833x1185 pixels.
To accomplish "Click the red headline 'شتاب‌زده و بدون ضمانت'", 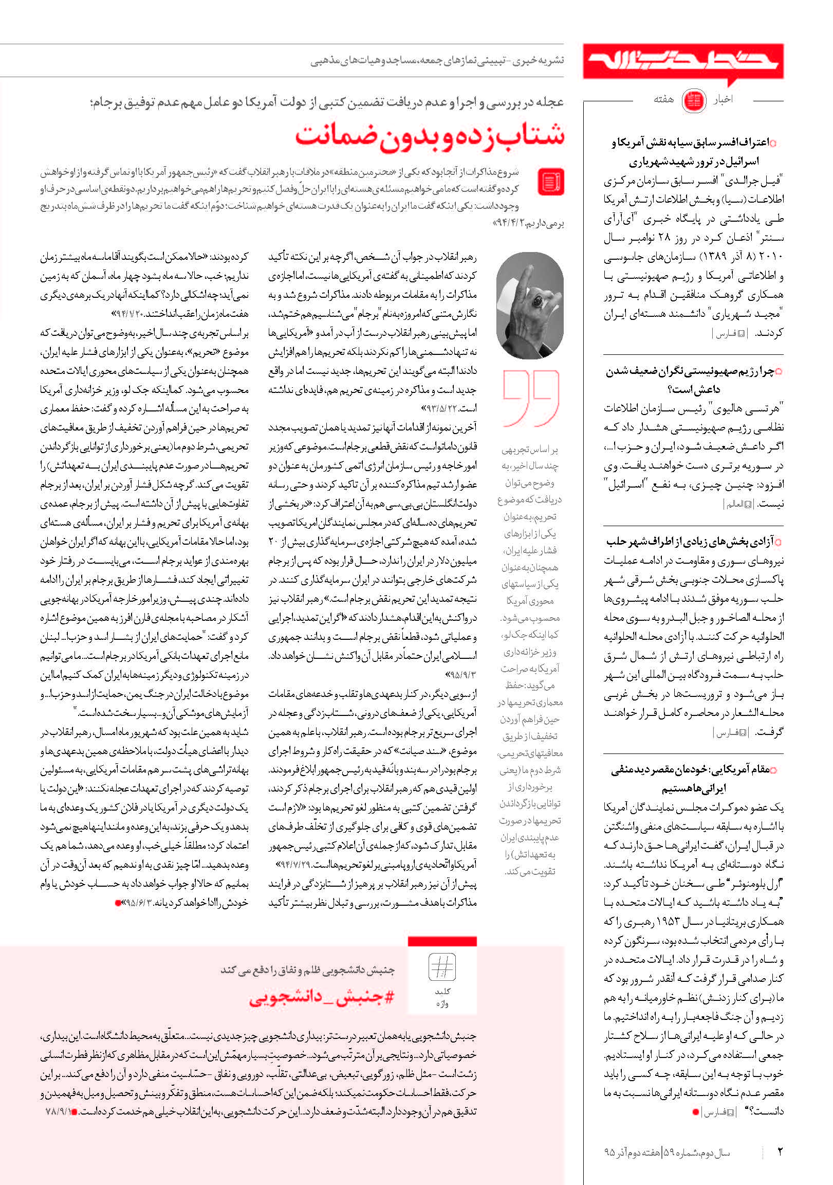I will click(430, 136).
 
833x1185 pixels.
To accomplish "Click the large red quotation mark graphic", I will click(531, 398).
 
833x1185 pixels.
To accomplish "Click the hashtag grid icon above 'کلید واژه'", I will click(442, 967).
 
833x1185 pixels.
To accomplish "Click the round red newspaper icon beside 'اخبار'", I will click(694, 101).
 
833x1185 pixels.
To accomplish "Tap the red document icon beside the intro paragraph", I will click(551, 182).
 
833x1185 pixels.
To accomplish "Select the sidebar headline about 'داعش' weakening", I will click(693, 380).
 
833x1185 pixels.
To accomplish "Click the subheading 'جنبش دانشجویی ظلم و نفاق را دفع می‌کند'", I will click(307, 971).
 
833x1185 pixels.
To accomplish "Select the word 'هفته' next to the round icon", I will click(663, 100).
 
